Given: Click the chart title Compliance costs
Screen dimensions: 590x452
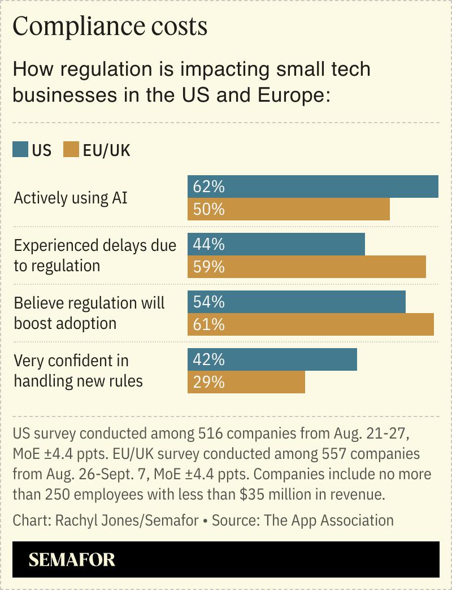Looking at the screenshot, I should [110, 27].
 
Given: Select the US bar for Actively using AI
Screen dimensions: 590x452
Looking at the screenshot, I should [313, 186].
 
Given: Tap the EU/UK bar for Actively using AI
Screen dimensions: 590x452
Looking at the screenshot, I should [289, 210].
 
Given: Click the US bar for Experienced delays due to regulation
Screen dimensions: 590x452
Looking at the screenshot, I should [276, 244].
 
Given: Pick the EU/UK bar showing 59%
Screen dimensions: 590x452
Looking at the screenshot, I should [307, 267].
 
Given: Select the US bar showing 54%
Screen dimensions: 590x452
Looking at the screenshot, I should [297, 302].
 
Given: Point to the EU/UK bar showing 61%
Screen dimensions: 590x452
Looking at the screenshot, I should [311, 324].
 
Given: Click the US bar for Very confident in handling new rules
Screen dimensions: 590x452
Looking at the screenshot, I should [272, 359].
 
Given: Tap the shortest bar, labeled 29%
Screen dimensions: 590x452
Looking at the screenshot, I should [246, 382].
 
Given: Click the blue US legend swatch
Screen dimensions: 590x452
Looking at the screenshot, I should [20, 150].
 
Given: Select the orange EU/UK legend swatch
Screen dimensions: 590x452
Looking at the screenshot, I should [71, 150].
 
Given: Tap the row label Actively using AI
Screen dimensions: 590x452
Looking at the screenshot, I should [71, 198].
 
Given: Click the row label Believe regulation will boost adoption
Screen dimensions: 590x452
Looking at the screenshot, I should [89, 313].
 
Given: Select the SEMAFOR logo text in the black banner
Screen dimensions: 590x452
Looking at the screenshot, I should [72, 559].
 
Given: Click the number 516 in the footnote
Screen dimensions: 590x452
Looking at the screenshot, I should [210, 434].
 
